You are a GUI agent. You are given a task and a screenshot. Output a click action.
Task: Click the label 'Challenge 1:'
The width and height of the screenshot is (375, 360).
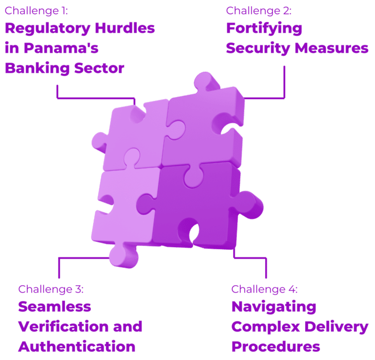tap(36, 11)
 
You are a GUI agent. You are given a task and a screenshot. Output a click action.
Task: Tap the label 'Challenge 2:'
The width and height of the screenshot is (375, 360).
tap(259, 11)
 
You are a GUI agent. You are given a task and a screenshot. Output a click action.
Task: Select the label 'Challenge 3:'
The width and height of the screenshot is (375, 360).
tap(51, 290)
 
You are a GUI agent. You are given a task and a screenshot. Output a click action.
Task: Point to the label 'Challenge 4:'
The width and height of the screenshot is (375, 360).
tap(265, 290)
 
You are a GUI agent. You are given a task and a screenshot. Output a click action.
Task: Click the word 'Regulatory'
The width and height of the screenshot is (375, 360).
tap(47, 29)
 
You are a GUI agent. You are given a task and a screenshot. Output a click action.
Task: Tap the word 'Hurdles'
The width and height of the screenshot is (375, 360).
tap(125, 28)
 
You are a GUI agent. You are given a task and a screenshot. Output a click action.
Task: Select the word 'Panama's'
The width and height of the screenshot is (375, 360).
tap(61, 48)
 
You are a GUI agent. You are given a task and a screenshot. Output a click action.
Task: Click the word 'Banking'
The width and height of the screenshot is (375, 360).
tap(37, 69)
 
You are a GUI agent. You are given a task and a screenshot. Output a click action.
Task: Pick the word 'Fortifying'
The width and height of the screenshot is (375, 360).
tap(264, 29)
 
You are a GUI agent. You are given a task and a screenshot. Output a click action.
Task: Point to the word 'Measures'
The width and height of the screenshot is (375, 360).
tap(332, 48)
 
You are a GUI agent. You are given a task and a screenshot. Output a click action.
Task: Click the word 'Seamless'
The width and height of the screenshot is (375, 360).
tap(55, 307)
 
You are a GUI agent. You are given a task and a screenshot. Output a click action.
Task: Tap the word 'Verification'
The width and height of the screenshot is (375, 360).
tap(63, 326)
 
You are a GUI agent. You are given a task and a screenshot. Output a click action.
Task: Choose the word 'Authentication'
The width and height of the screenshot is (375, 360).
tap(77, 347)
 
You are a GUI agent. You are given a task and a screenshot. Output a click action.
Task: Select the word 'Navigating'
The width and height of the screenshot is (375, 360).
tap(274, 307)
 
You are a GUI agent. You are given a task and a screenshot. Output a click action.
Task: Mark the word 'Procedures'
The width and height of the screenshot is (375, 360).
tap(276, 347)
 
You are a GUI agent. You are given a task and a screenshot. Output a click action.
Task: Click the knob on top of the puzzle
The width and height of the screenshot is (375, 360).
tap(206, 81)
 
